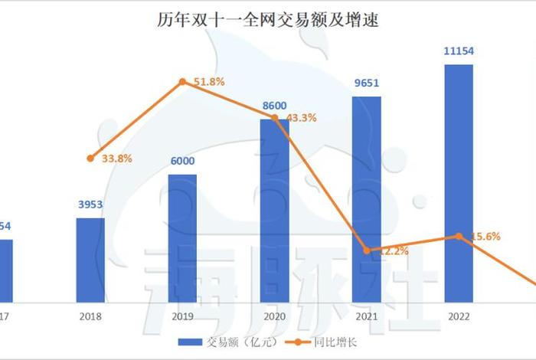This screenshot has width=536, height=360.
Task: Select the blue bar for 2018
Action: coord(90,260)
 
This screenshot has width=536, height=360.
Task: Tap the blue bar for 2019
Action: coord(182,237)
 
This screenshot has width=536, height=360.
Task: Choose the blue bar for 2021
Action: coord(367,198)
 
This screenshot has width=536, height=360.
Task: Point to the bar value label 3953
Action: coord(90,205)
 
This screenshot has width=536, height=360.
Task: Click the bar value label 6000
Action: coord(182,161)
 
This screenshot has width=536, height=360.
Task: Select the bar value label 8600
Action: coord(274,105)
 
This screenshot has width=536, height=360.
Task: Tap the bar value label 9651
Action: coord(367,83)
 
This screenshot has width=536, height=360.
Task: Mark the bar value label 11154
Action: coord(458,51)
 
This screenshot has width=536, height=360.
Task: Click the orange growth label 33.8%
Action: coord(117,159)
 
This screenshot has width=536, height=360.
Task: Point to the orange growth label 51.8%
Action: coord(209,81)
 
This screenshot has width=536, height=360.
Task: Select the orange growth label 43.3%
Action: coord(301,118)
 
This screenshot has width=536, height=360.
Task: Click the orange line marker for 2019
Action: coord(182,81)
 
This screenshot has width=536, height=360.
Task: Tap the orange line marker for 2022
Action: coord(458,236)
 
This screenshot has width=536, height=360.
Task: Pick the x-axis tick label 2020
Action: coord(274,315)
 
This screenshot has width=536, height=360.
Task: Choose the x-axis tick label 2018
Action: coord(90,315)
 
